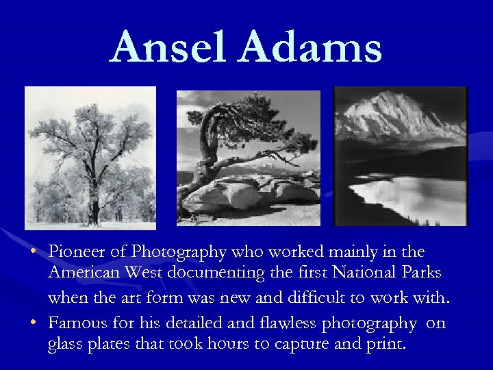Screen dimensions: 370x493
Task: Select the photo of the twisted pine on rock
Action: [249, 158]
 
